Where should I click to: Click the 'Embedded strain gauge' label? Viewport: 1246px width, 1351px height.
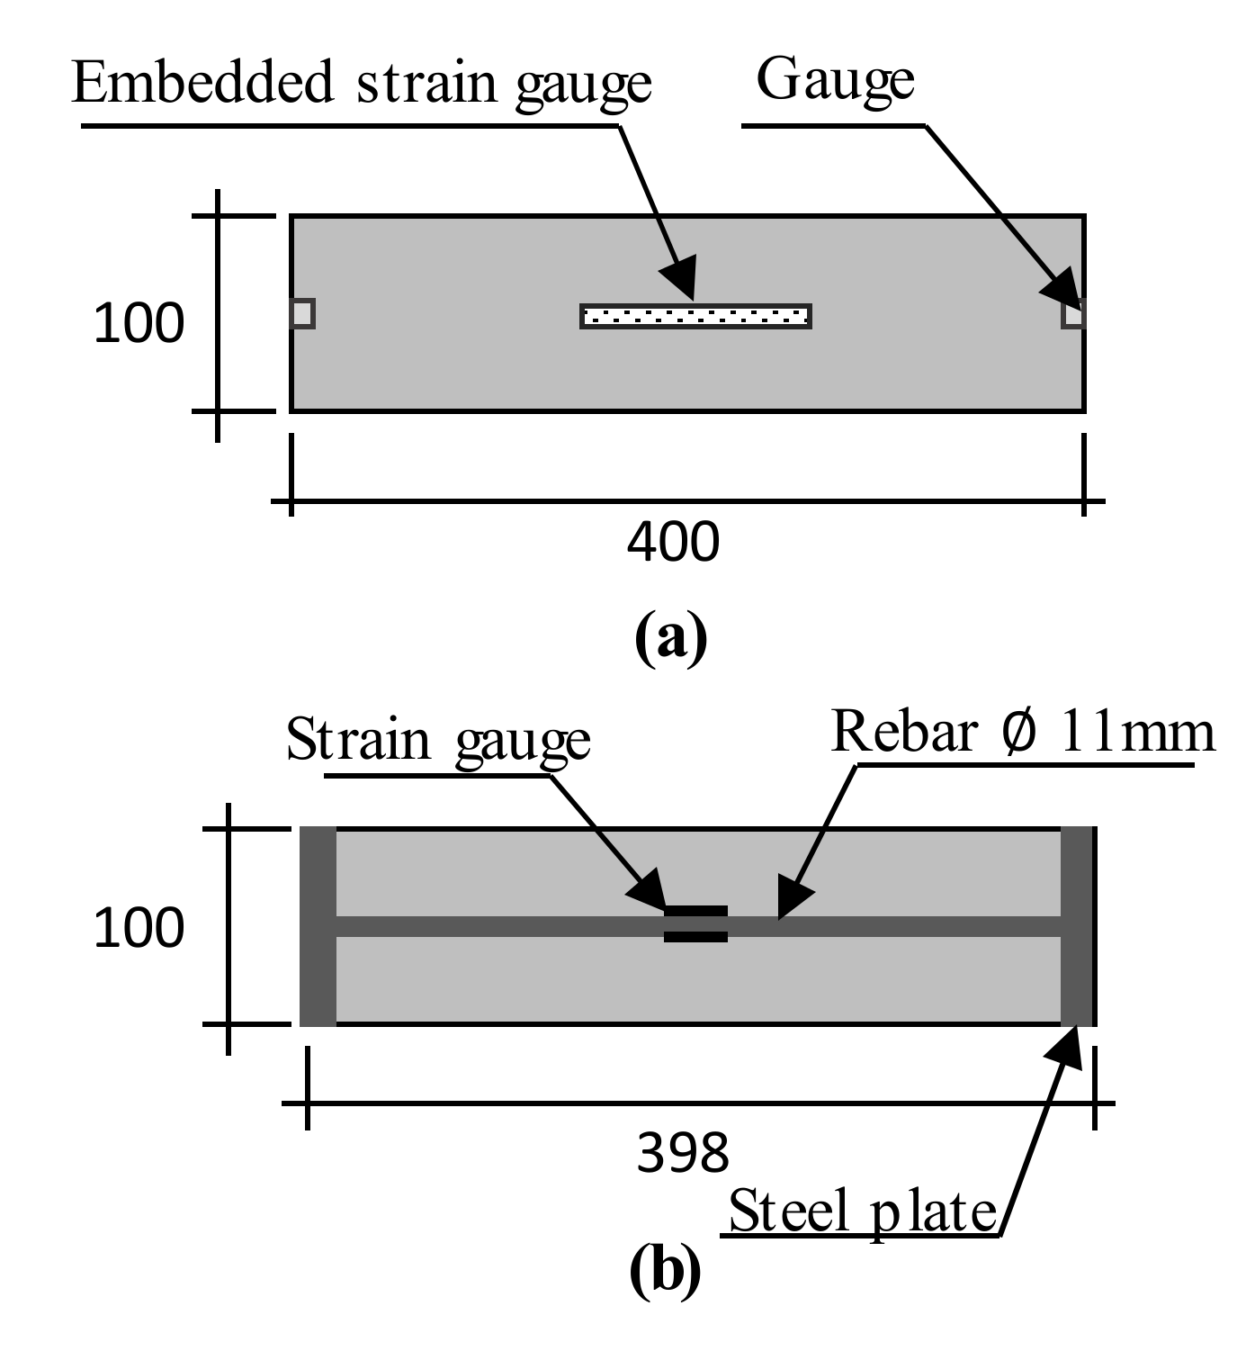click(361, 83)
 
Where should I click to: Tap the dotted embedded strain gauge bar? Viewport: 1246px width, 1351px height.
click(695, 316)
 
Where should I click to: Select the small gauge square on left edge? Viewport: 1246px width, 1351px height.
click(302, 313)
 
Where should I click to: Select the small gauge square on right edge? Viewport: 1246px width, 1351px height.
click(1073, 315)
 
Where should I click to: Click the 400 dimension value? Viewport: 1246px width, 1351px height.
click(673, 542)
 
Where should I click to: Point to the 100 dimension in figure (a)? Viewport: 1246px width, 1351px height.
click(139, 323)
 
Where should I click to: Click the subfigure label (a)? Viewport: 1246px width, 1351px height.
click(671, 636)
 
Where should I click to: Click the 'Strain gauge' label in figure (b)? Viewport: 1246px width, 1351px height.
click(438, 741)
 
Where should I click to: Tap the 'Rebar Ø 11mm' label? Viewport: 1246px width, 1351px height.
click(1023, 731)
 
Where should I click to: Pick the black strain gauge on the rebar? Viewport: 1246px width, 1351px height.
click(695, 924)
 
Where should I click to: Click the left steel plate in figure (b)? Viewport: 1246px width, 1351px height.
click(318, 926)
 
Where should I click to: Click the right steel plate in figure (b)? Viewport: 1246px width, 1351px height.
click(1078, 926)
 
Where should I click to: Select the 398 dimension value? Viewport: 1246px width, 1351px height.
click(683, 1153)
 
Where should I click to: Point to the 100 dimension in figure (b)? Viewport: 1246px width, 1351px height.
click(139, 928)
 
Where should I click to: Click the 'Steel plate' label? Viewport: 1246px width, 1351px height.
click(862, 1211)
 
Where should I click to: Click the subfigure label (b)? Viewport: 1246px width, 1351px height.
click(666, 1270)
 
